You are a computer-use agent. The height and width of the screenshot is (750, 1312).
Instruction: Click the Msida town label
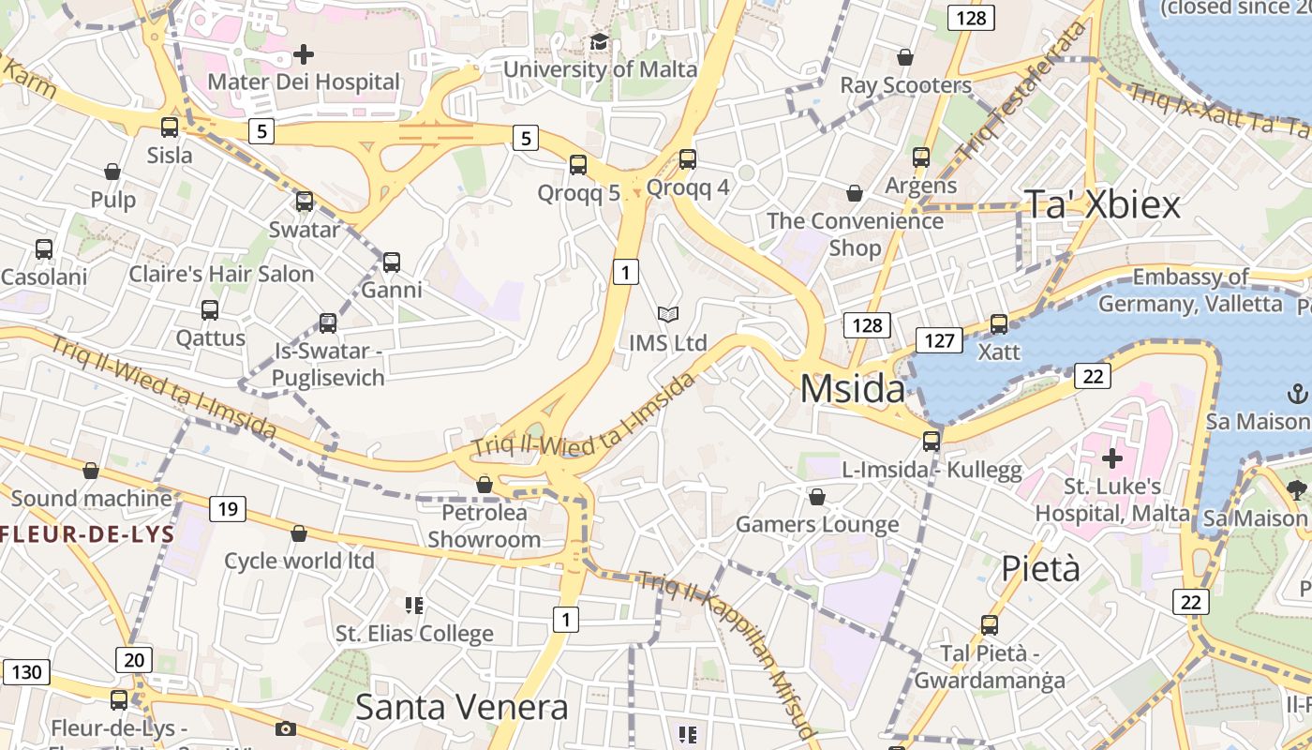pos(852,388)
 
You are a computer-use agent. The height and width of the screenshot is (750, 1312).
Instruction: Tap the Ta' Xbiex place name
pos(1101,204)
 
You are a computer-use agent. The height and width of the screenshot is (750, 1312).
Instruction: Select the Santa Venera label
pos(461,707)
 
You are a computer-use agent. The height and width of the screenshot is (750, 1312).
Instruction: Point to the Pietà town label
pos(1040,568)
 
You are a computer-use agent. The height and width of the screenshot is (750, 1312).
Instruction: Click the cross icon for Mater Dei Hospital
pos(303,54)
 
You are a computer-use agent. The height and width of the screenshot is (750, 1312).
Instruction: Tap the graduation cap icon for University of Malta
pos(599,42)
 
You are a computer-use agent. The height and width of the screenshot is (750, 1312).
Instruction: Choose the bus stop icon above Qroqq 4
pos(688,159)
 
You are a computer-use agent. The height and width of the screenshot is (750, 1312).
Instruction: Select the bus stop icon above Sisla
pos(170,127)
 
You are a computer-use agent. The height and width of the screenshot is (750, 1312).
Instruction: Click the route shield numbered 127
pos(938,340)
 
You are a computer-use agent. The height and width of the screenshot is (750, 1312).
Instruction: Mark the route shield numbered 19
pos(227,509)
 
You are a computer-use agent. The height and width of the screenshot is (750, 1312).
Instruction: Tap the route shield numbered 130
pos(25,671)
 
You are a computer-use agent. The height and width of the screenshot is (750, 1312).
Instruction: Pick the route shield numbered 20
pos(134,660)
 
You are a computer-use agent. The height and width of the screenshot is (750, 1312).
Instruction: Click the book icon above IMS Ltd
pos(667,314)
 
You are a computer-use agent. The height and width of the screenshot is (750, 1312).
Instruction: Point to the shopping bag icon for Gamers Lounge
pos(817,496)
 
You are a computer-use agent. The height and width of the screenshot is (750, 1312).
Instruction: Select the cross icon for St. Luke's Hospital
pos(1112,458)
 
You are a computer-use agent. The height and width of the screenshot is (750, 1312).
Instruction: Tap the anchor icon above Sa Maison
pos(1298,393)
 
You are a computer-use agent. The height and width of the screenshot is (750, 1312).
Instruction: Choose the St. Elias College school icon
pos(414,605)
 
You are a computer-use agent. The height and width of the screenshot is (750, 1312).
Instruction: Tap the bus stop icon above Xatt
pos(999,323)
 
